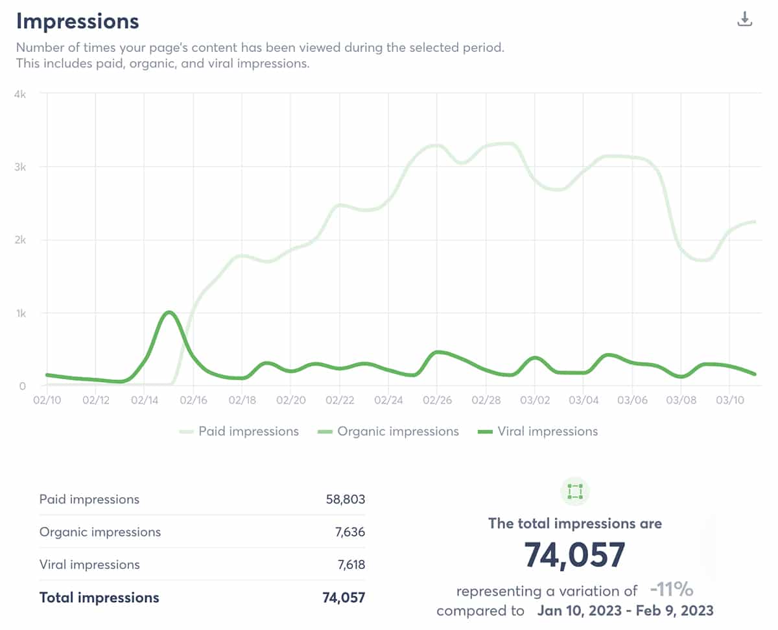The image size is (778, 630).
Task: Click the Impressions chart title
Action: point(77,21)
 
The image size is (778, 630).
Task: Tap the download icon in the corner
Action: point(745,19)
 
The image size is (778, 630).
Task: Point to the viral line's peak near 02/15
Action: point(169,312)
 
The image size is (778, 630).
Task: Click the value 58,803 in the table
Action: point(346,500)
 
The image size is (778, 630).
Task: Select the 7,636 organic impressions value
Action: point(350,532)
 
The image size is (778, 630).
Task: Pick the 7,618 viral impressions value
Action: point(350,564)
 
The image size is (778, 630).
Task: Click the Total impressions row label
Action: point(99,598)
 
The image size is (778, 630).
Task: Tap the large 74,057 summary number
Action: point(574,555)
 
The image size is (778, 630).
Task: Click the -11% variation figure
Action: point(672,590)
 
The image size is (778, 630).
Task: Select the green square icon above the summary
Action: point(574,492)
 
